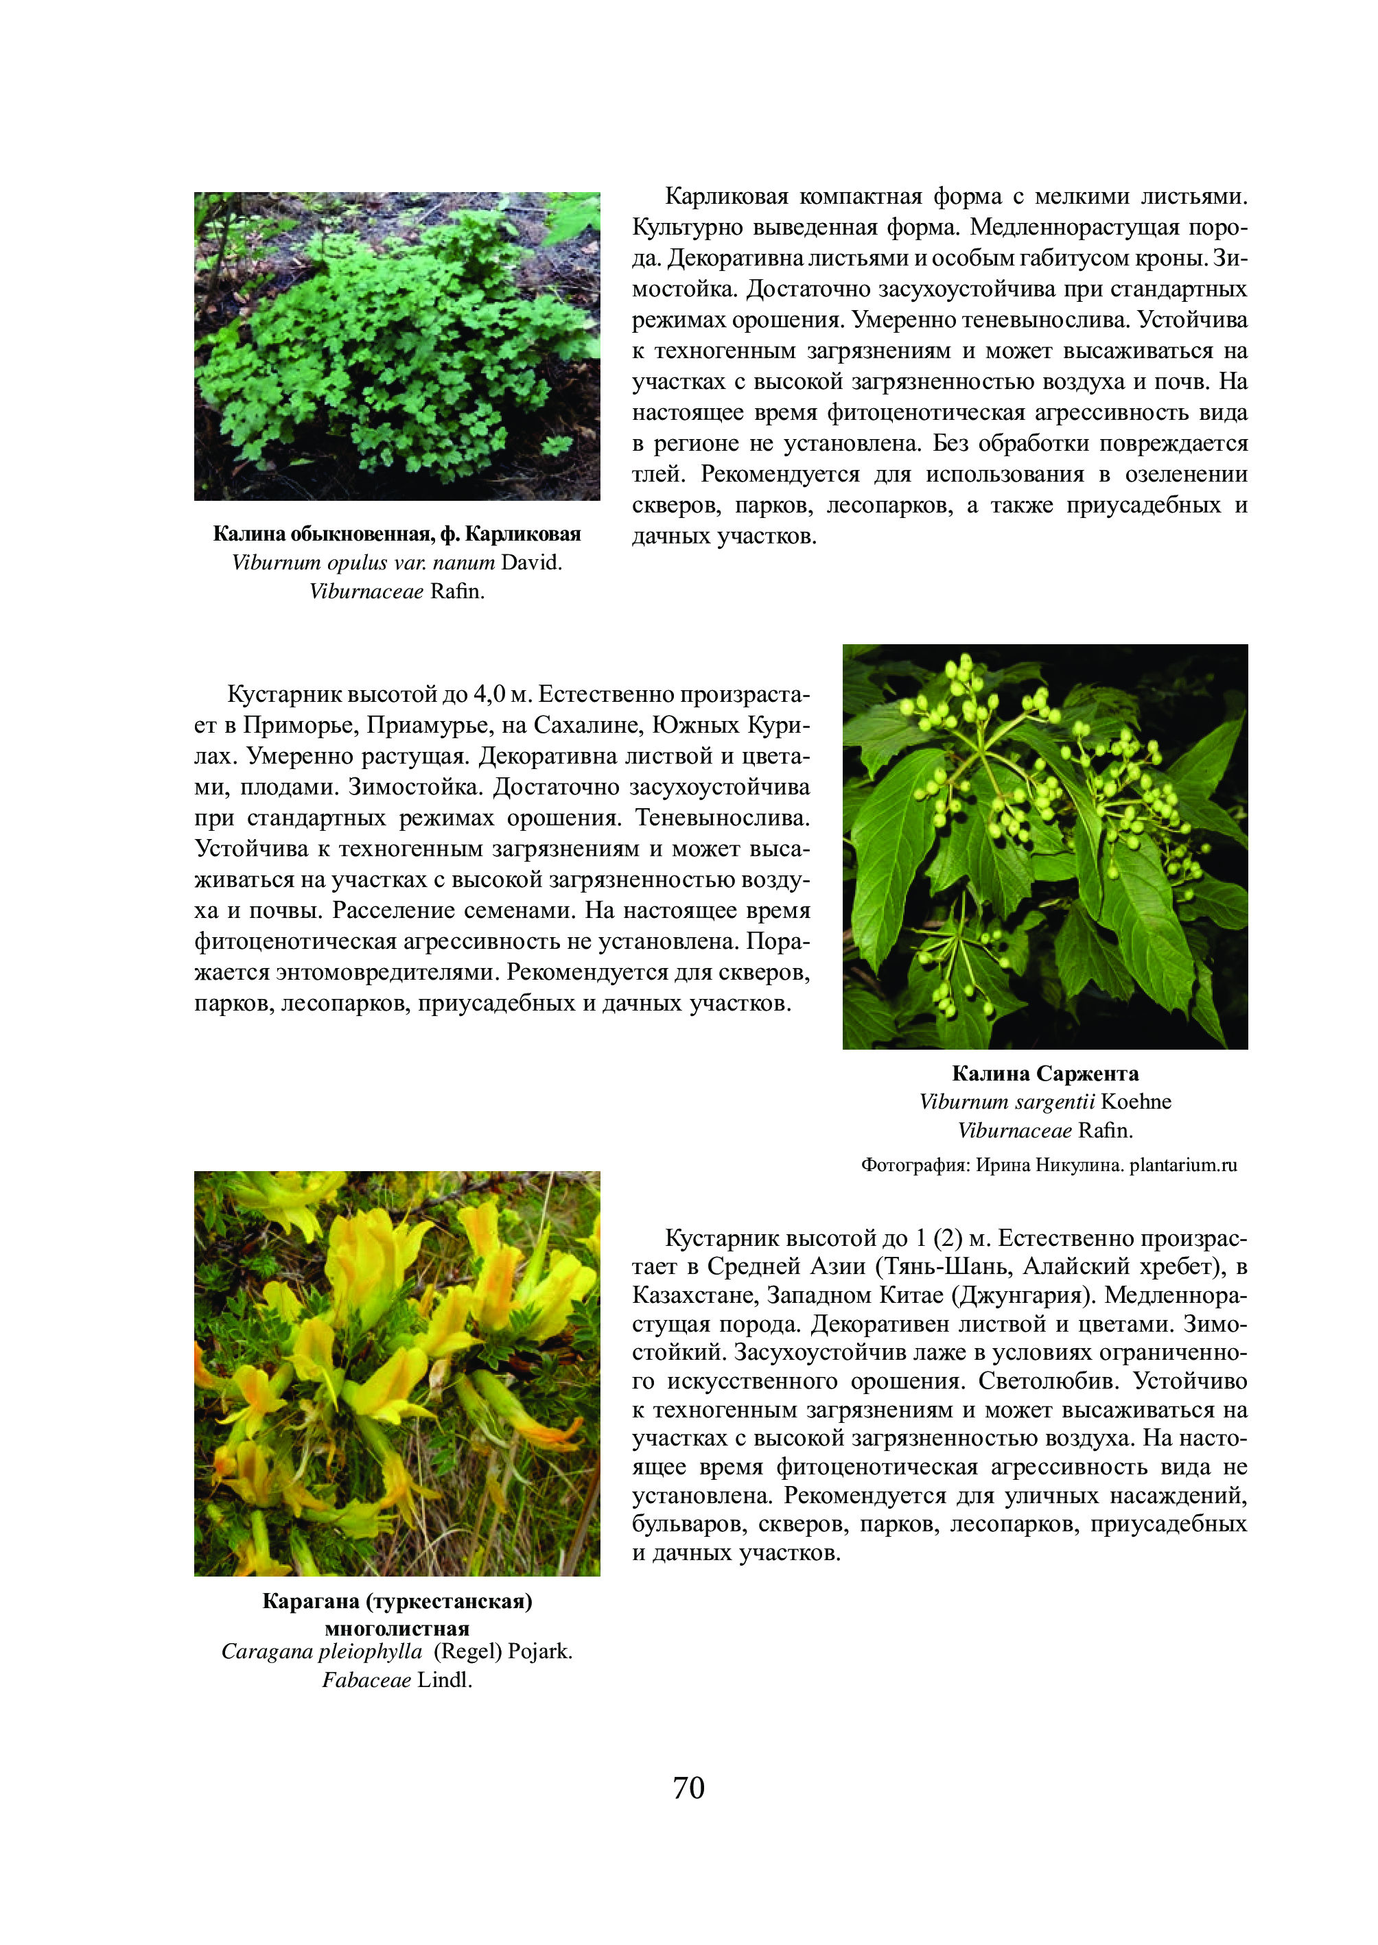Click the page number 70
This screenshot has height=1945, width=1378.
[688, 1787]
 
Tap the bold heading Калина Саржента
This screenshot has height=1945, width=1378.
[1044, 1074]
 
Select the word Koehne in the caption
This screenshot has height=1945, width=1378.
[1136, 1102]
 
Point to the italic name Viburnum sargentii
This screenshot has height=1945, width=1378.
[1007, 1102]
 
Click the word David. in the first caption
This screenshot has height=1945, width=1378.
[532, 563]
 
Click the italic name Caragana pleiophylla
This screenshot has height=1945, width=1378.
[322, 1651]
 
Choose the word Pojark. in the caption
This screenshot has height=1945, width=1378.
[541, 1651]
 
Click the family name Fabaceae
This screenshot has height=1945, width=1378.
[366, 1680]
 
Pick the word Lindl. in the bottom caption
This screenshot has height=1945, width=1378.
[445, 1680]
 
